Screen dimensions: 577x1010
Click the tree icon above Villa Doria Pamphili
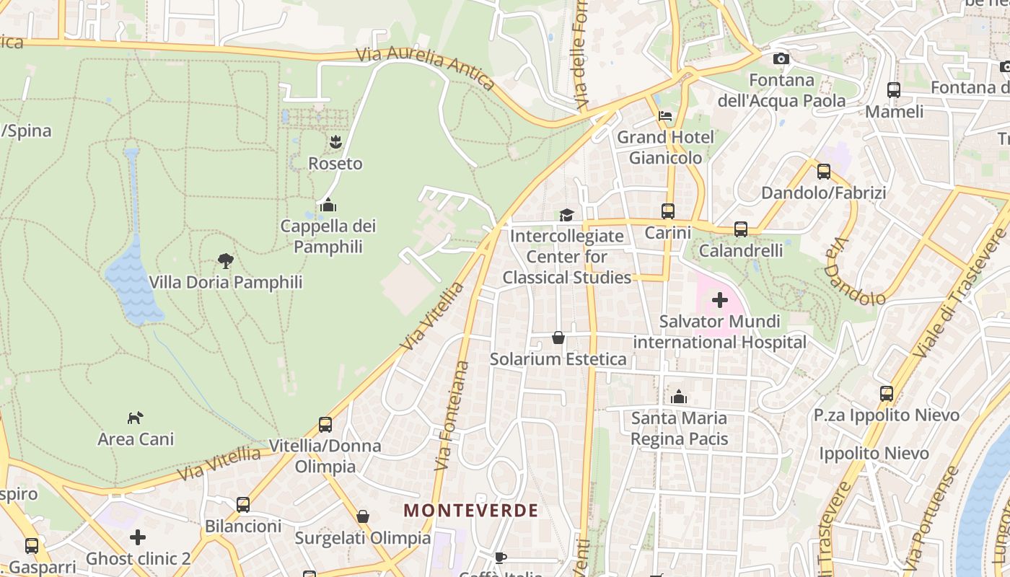226,260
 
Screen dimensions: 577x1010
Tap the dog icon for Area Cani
136,417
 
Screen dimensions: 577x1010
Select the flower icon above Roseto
335,142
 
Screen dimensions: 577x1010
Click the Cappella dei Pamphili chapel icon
328,205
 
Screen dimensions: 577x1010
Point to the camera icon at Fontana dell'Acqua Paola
781,58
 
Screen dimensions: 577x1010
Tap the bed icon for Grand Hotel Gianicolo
665,115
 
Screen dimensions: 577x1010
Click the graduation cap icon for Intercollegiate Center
566,215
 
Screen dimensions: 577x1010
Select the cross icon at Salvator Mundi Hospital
719,300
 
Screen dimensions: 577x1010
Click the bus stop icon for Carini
668,211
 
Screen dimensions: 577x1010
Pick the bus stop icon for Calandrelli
741,229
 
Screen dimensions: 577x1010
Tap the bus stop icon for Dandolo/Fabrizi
823,172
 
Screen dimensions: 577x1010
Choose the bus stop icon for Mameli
894,90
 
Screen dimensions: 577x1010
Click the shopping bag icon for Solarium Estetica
558,337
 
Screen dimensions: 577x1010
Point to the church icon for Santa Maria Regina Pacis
679,397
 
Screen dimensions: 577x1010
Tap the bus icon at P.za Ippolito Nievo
887,394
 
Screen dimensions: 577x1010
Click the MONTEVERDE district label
470,511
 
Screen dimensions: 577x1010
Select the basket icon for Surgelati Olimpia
363,516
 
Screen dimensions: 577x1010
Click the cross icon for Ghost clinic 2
138,537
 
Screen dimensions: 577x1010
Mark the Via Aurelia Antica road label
426,68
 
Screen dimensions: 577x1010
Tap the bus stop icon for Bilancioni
243,504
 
